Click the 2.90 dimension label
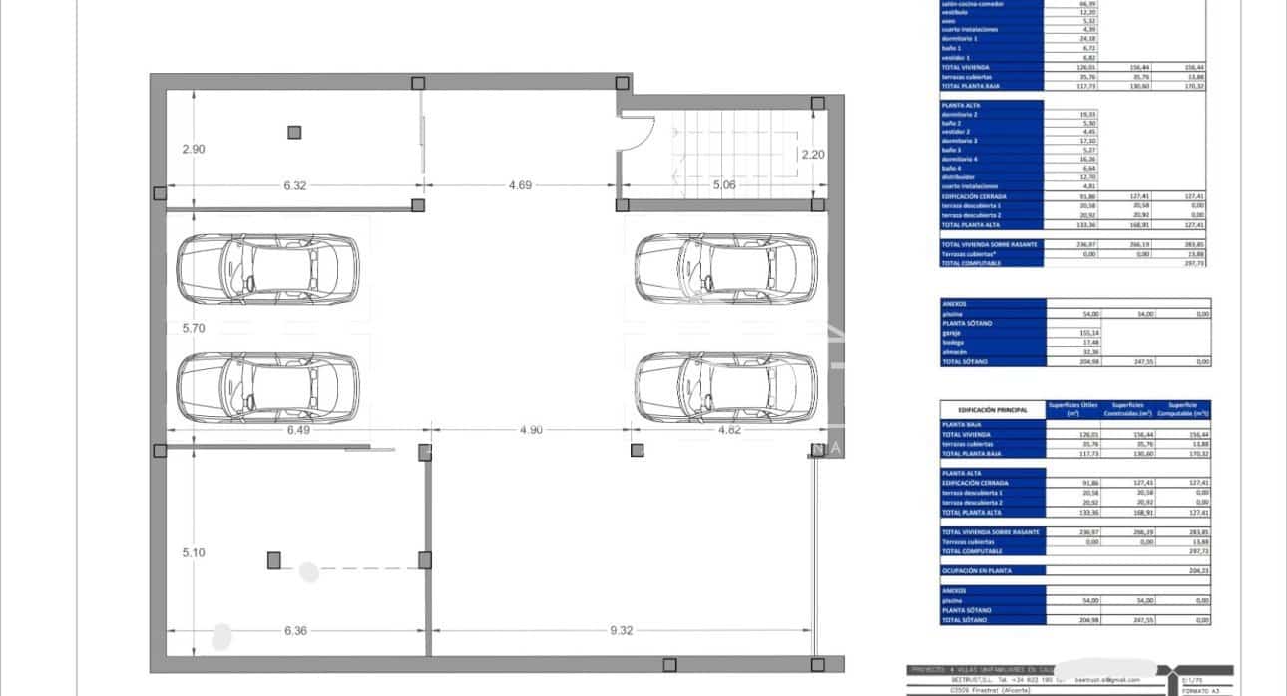tap(193, 149)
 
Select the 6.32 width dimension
tap(295, 185)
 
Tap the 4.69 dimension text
tap(519, 185)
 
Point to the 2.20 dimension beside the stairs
tap(813, 154)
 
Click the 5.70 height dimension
tap(193, 326)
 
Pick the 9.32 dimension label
tap(621, 630)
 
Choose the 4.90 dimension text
tap(530, 430)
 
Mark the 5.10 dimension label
tap(193, 552)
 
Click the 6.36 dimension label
tap(296, 630)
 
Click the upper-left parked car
tap(267, 269)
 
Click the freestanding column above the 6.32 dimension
tap(294, 132)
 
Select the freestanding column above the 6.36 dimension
tap(274, 560)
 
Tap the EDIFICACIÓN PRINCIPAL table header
tap(992, 409)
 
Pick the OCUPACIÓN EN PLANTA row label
tap(978, 570)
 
